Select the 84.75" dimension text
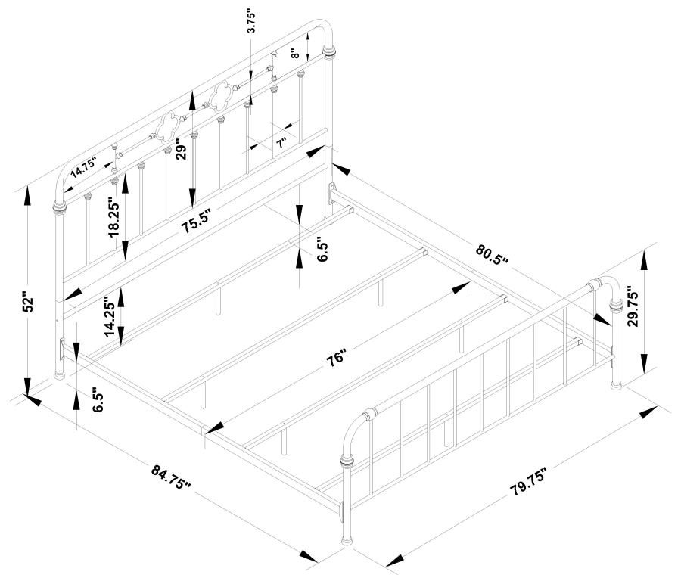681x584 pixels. tap(172, 479)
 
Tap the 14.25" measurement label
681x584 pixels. tap(110, 315)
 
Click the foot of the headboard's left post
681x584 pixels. tap(58, 374)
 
